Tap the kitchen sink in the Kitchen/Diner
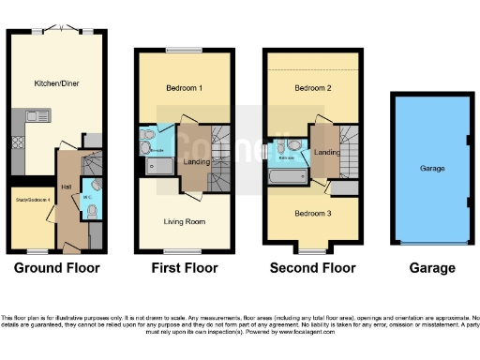click(x=38, y=116)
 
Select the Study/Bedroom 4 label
click(x=31, y=200)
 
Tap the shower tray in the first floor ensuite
click(x=159, y=167)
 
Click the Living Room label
click(x=184, y=222)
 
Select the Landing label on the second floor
click(x=326, y=153)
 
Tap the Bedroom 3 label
click(x=311, y=213)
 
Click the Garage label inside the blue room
click(x=432, y=169)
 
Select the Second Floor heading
click(x=312, y=268)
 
